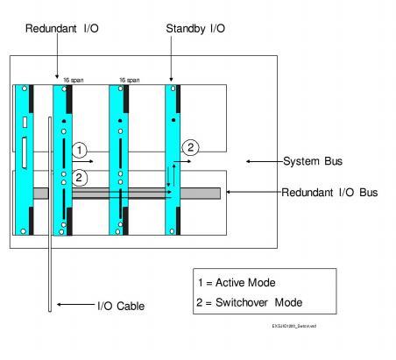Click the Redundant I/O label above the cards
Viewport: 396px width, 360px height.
click(61, 29)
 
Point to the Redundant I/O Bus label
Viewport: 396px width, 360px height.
click(329, 192)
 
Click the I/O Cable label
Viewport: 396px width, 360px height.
click(121, 306)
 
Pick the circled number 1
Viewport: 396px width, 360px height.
click(80, 150)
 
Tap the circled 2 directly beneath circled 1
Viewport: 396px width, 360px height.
click(80, 177)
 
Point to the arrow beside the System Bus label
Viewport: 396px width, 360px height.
click(264, 161)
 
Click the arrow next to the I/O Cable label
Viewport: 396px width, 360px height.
click(72, 306)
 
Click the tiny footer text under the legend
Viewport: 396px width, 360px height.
click(294, 326)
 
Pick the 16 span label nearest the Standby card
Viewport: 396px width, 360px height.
click(128, 80)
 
